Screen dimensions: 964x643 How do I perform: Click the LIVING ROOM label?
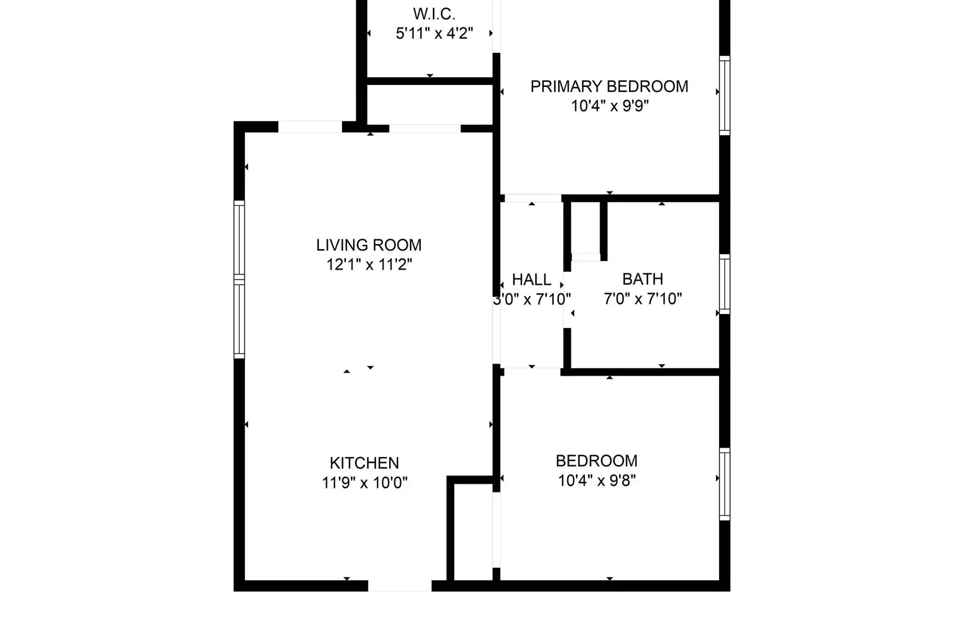tap(369, 245)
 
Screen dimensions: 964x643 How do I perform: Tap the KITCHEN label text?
tap(364, 463)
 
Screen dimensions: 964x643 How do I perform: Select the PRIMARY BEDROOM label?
tap(609, 87)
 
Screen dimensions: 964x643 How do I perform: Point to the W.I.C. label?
tap(434, 14)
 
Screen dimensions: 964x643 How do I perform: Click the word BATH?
tap(643, 279)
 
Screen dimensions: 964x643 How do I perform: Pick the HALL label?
tap(532, 280)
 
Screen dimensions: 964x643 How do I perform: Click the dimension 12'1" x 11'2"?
tap(369, 265)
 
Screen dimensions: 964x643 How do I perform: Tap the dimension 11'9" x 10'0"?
tap(365, 483)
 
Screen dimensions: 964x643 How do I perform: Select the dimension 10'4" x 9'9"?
tap(610, 106)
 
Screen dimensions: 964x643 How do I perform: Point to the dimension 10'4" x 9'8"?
tap(597, 480)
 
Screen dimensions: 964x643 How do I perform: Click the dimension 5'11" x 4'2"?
tap(434, 33)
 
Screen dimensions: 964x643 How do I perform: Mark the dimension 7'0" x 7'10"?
tap(643, 299)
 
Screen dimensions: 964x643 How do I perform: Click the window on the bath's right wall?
tap(725, 284)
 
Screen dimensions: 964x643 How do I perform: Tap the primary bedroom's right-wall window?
tap(725, 96)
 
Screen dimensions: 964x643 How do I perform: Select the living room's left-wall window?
tap(239, 280)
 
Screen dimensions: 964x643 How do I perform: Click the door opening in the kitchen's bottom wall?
tap(399, 586)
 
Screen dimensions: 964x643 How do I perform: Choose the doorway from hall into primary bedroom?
tap(533, 198)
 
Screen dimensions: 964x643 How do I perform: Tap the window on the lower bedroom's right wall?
tap(725, 484)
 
